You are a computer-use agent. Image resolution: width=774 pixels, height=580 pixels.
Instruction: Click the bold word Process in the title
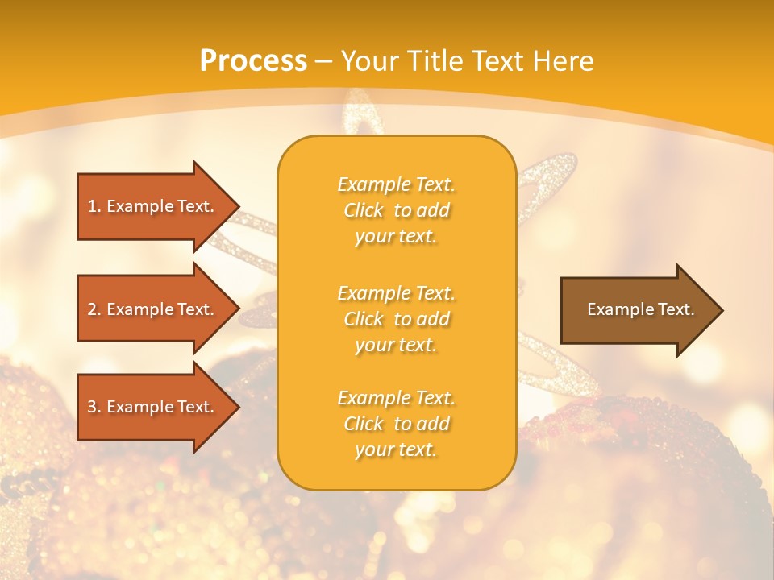coord(253,61)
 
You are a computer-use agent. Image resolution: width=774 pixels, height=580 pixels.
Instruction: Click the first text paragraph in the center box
coord(396,210)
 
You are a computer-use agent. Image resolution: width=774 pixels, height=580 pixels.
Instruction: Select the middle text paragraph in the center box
coord(396,319)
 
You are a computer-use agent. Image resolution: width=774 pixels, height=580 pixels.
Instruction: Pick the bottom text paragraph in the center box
coord(396,424)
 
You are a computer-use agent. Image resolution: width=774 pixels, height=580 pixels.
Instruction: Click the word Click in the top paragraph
coord(363,210)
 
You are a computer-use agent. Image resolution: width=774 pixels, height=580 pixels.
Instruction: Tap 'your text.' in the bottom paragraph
coord(396,450)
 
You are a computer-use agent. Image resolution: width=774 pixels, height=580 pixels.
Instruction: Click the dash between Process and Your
coord(323,61)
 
